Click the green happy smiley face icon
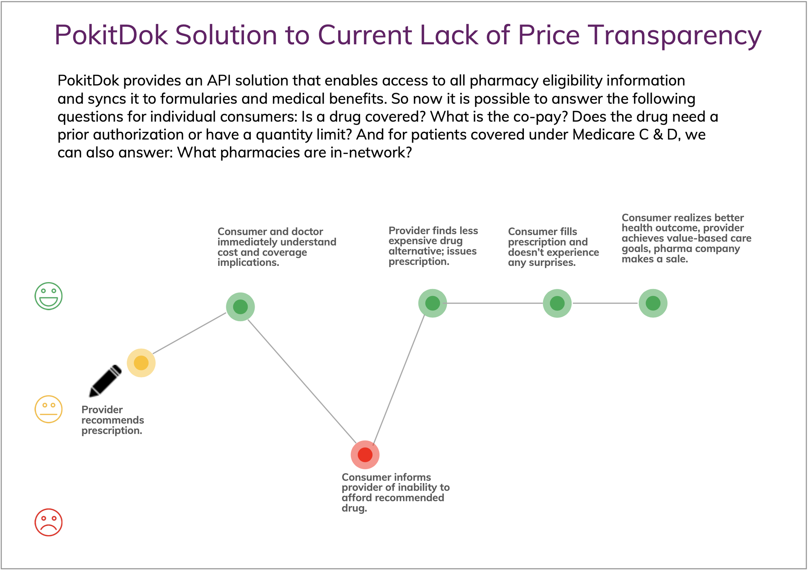coord(48,296)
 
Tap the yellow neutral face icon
coord(48,409)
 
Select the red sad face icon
coord(48,522)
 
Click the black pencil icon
coord(105,381)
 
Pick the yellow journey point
coord(141,363)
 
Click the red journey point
coord(365,455)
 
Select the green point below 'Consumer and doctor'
coord(240,307)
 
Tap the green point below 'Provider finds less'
coord(432,303)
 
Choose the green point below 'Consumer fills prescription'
coord(557,303)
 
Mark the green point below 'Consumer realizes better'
coord(653,303)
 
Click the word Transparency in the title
coord(674,35)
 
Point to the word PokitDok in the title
coord(111,35)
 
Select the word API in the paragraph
coord(218,81)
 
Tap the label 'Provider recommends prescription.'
coord(112,420)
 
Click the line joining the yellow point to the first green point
coord(189,333)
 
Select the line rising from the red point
coord(399,380)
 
